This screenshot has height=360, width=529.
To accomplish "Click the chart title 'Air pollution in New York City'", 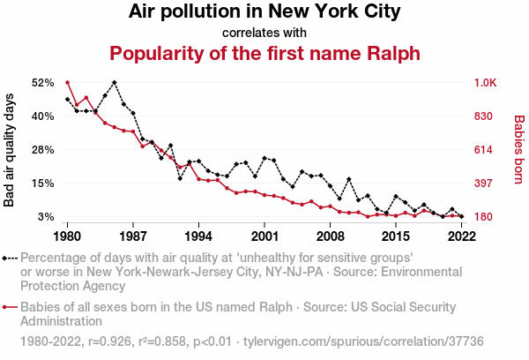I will click(x=264, y=12).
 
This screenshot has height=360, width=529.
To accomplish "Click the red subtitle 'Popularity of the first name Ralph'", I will click(x=264, y=52).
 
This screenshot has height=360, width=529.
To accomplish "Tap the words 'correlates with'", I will click(x=264, y=33).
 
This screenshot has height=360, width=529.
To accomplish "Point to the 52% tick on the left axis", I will click(x=43, y=83).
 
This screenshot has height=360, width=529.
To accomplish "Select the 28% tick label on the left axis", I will click(x=43, y=150).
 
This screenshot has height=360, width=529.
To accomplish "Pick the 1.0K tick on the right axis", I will click(x=487, y=83).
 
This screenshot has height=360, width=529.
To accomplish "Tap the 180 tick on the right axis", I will click(x=484, y=217).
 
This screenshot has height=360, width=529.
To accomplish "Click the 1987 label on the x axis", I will click(x=133, y=236).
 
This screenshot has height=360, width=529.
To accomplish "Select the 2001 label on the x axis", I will click(x=264, y=236).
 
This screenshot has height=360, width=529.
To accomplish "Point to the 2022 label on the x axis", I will click(x=462, y=236).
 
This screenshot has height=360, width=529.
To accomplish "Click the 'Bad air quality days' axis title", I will click(x=10, y=149).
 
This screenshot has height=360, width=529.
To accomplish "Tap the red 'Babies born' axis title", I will click(x=518, y=149).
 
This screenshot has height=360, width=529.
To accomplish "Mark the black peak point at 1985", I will click(x=115, y=82).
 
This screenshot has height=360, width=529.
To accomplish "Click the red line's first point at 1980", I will click(x=68, y=82).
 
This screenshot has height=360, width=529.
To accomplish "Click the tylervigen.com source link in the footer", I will click(x=362, y=340).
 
